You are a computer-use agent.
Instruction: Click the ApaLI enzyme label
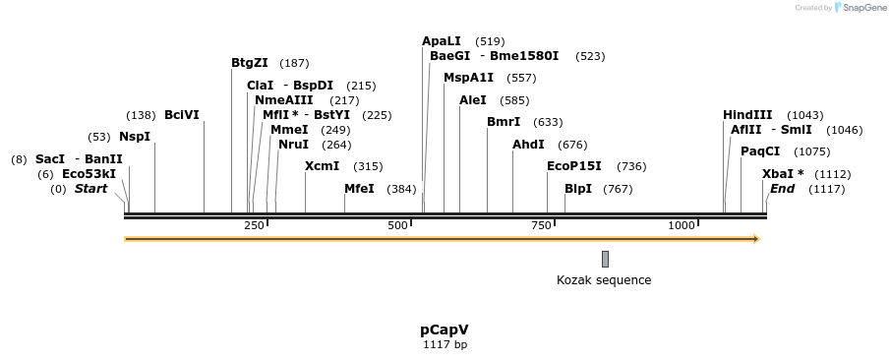441,41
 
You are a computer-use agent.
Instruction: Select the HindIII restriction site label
747,115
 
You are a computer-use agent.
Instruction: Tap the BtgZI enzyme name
250,63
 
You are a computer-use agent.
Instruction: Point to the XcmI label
322,166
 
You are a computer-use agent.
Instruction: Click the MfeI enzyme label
359,189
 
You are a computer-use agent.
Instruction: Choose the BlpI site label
578,189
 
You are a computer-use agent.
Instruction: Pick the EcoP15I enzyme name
574,166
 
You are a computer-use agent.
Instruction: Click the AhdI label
528,145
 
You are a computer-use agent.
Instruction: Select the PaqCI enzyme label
760,151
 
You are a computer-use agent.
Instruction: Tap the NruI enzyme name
293,145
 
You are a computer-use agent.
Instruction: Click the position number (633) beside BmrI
548,123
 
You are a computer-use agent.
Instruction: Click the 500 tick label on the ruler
397,226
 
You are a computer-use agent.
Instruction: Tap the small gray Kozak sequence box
605,259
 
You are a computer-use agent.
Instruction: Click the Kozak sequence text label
604,280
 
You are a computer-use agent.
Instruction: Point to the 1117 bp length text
445,345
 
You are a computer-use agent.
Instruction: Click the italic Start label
90,189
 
